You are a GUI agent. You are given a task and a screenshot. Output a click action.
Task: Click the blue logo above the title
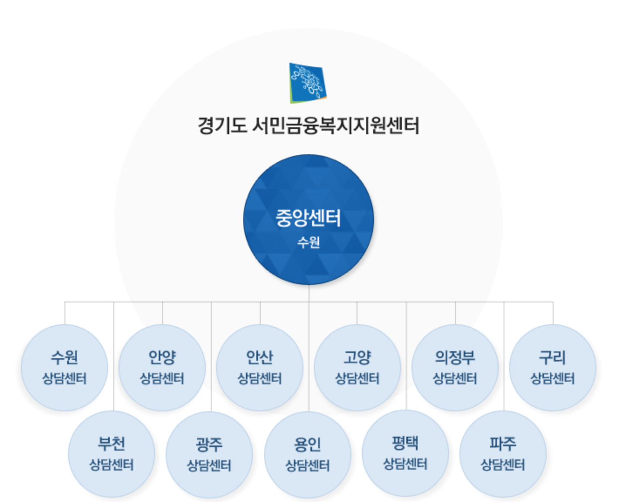[x=308, y=83]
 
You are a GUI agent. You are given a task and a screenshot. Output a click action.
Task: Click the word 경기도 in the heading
[x=222, y=125]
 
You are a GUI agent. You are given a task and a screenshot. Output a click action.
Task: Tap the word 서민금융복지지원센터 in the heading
[x=336, y=125]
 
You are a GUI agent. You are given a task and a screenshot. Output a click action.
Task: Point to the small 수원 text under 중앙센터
[x=308, y=242]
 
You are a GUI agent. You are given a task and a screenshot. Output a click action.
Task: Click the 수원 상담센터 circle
[x=65, y=367]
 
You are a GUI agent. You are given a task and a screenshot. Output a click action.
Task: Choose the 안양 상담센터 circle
[x=162, y=367]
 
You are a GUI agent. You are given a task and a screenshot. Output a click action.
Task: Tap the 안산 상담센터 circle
[x=260, y=367]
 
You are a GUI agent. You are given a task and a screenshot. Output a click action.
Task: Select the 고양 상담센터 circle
[x=357, y=367]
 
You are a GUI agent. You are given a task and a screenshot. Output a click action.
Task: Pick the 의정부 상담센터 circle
[x=455, y=367]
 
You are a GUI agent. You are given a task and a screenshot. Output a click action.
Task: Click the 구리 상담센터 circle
[x=552, y=367]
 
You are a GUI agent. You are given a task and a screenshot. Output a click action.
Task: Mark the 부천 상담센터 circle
[x=112, y=454]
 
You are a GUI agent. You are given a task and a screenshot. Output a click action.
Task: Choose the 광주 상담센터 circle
[x=209, y=455]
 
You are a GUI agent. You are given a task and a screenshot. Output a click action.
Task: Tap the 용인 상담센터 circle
[x=307, y=455]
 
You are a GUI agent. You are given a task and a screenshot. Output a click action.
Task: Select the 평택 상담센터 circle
[x=405, y=453]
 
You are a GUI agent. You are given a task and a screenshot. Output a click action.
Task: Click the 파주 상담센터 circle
[x=503, y=454]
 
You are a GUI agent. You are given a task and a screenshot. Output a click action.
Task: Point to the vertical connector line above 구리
[x=553, y=313]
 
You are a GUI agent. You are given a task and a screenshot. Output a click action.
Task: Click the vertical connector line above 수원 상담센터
[x=65, y=313]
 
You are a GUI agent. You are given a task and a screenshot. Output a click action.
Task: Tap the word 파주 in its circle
[x=503, y=444]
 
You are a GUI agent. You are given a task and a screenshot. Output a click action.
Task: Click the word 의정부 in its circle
[x=455, y=357]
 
